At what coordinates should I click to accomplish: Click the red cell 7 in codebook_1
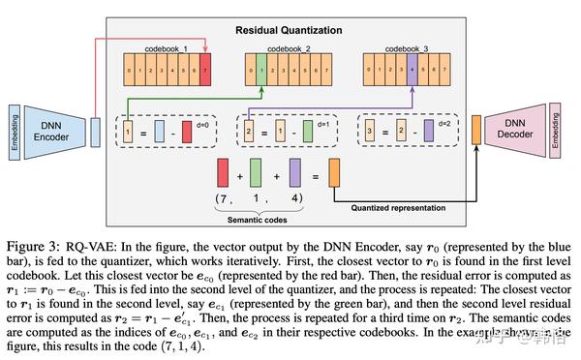point(204,70)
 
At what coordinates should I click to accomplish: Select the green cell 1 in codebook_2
point(260,70)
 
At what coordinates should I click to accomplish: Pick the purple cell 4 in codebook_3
point(412,70)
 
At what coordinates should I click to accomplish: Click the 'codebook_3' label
point(404,48)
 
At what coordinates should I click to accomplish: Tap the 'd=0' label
point(206,120)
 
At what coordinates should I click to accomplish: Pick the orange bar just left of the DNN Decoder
point(476,128)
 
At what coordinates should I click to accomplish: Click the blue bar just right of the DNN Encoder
point(95,128)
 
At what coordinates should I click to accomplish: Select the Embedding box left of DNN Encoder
point(12,128)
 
